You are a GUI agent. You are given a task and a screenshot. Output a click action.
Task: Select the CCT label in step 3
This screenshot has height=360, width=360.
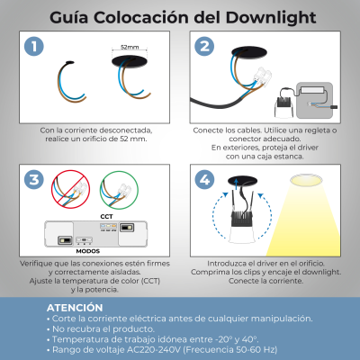[107, 217]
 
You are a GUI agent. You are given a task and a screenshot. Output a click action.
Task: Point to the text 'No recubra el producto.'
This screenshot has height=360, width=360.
[99, 329]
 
